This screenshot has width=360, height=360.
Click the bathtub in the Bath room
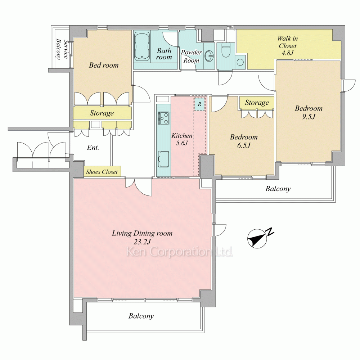click(x=142, y=46)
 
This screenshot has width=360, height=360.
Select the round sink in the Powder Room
click(x=209, y=56)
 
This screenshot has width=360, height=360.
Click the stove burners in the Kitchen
click(x=163, y=118)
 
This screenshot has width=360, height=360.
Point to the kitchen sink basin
click(x=163, y=159)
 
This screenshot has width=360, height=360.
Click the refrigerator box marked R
click(x=199, y=104)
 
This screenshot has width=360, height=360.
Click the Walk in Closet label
click(x=287, y=45)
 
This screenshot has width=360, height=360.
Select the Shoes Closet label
click(x=102, y=172)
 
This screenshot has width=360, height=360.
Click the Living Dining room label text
click(x=142, y=233)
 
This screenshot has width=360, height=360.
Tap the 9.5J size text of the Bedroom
click(x=309, y=117)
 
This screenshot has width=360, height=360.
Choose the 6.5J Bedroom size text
click(x=244, y=145)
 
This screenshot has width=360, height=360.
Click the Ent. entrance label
click(x=93, y=147)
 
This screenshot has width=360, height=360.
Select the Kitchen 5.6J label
click(x=182, y=139)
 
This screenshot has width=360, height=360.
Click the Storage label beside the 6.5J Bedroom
click(x=257, y=102)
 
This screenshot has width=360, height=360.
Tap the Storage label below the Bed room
click(x=102, y=113)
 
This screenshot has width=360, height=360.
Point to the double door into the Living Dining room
click(x=139, y=186)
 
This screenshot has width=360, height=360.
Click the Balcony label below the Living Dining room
click(x=141, y=316)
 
